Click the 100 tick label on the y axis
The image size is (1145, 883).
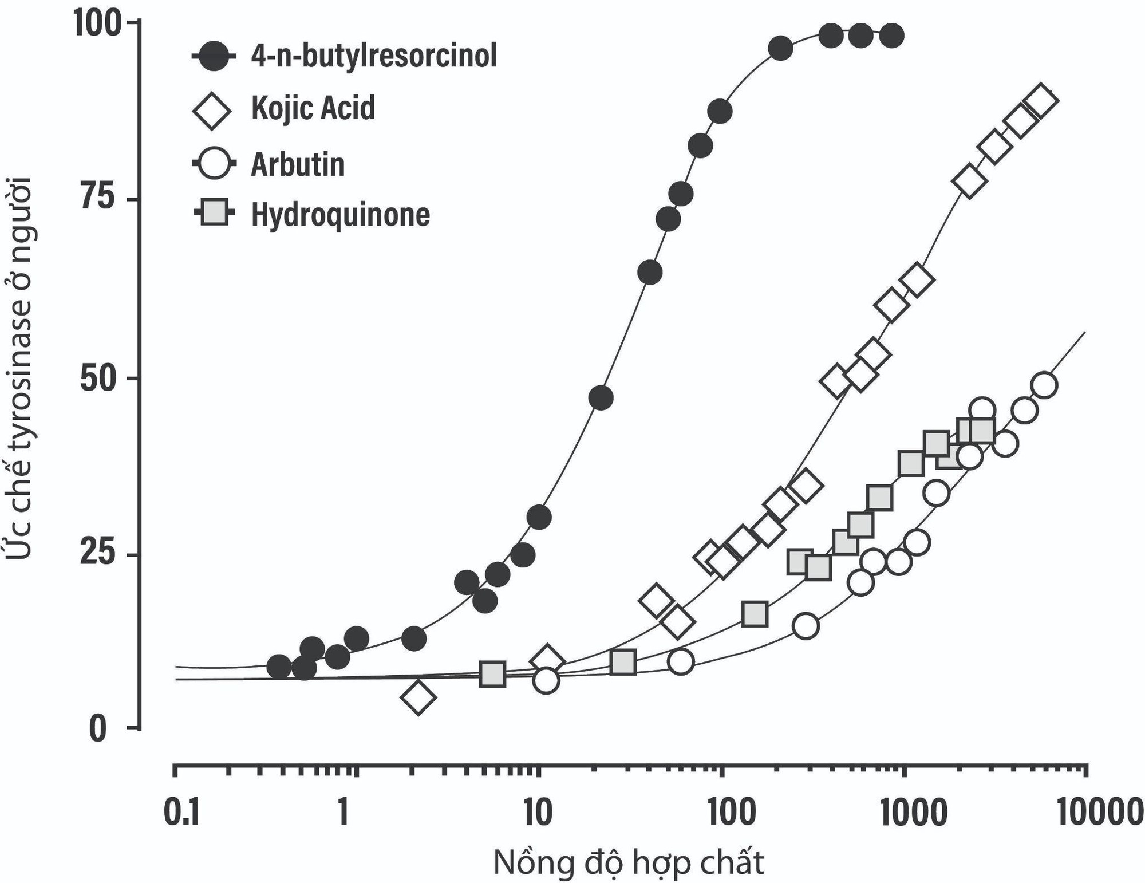(x=97, y=24)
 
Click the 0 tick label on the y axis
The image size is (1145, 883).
(x=98, y=729)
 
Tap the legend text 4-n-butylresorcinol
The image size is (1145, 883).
(x=374, y=56)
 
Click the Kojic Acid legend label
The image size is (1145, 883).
(x=313, y=108)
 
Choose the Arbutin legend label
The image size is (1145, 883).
(x=298, y=164)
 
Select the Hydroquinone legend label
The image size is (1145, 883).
(x=341, y=215)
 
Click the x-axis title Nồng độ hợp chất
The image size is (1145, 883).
(x=628, y=862)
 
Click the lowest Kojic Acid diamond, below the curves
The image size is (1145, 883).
(x=418, y=697)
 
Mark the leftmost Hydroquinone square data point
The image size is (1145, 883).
(x=493, y=675)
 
